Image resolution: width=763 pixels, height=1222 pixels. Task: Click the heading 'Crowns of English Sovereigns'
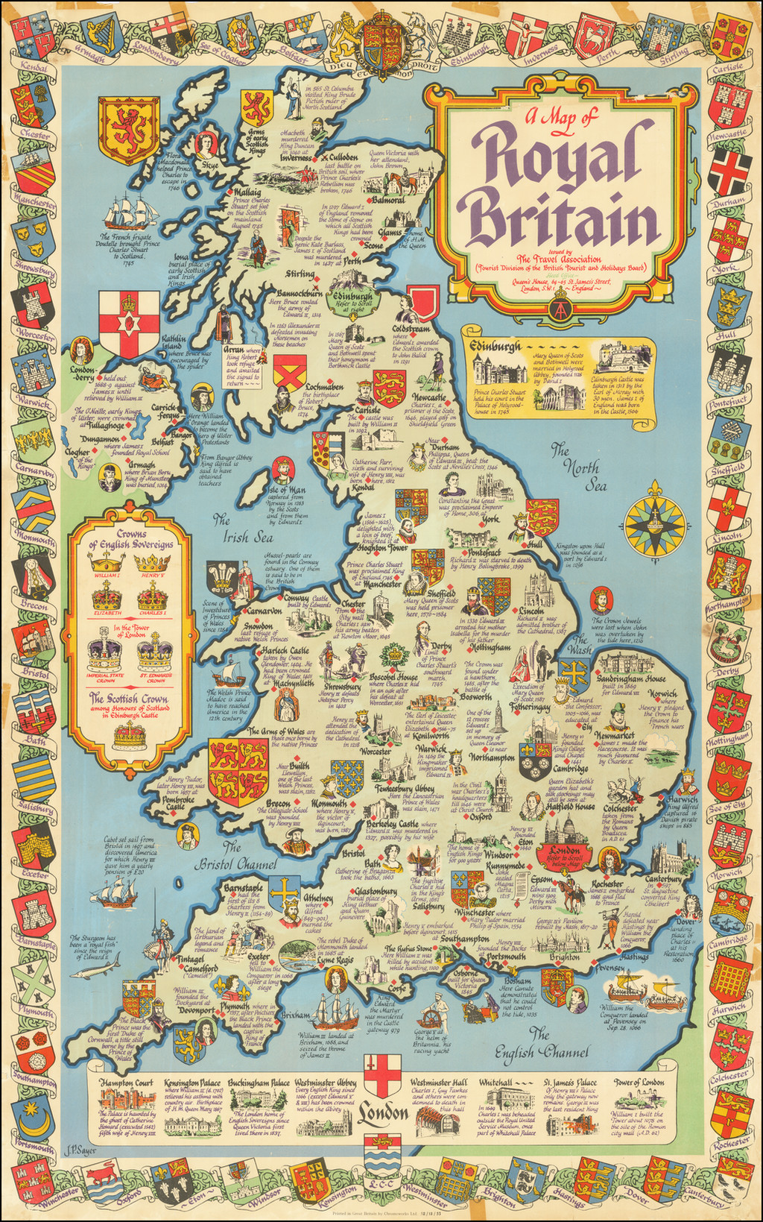point(131,539)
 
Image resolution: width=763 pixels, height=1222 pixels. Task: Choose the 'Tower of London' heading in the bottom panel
point(639,1082)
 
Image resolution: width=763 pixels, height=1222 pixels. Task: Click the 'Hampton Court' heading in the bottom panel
point(127,1082)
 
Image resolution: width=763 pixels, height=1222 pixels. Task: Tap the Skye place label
point(209,163)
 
